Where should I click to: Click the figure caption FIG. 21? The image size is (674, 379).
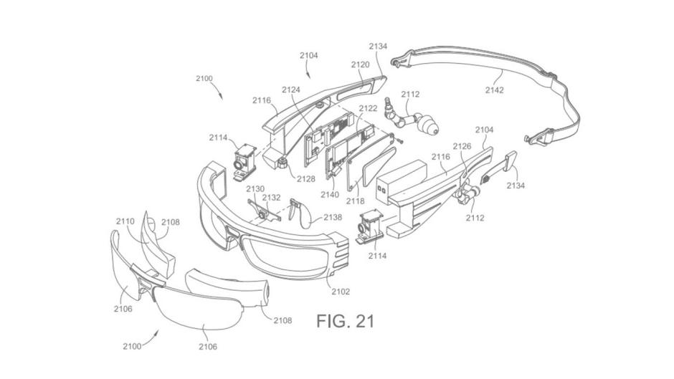[345, 321]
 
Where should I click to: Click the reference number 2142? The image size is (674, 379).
[494, 90]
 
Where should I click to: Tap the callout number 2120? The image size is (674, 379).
[360, 64]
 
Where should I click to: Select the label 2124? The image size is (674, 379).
[291, 90]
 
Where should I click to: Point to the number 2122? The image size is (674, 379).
[368, 108]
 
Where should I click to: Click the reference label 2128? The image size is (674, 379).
[306, 179]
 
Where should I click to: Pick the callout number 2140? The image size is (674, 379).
[330, 195]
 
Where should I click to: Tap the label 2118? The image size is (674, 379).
[355, 201]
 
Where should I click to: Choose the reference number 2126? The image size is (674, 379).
[462, 147]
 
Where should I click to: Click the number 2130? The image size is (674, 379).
[255, 189]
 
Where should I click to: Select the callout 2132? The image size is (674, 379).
[271, 197]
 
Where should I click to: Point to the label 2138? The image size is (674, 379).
[333, 217]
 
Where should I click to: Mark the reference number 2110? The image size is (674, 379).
[125, 221]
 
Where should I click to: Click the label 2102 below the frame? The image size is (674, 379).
[341, 292]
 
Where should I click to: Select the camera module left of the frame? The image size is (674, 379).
[245, 163]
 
